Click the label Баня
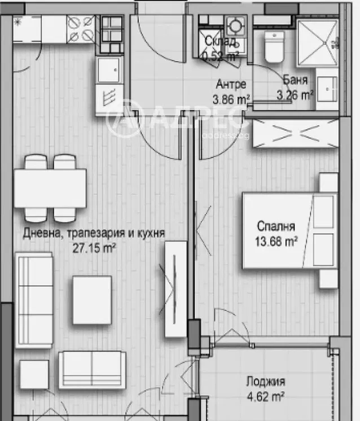[295, 80]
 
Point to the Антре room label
[231, 85]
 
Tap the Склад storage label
[217, 41]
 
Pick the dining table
[50, 188]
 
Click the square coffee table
[92, 299]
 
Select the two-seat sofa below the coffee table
[93, 370]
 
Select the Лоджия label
[266, 381]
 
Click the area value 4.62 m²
[265, 396]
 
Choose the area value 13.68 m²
[276, 242]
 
